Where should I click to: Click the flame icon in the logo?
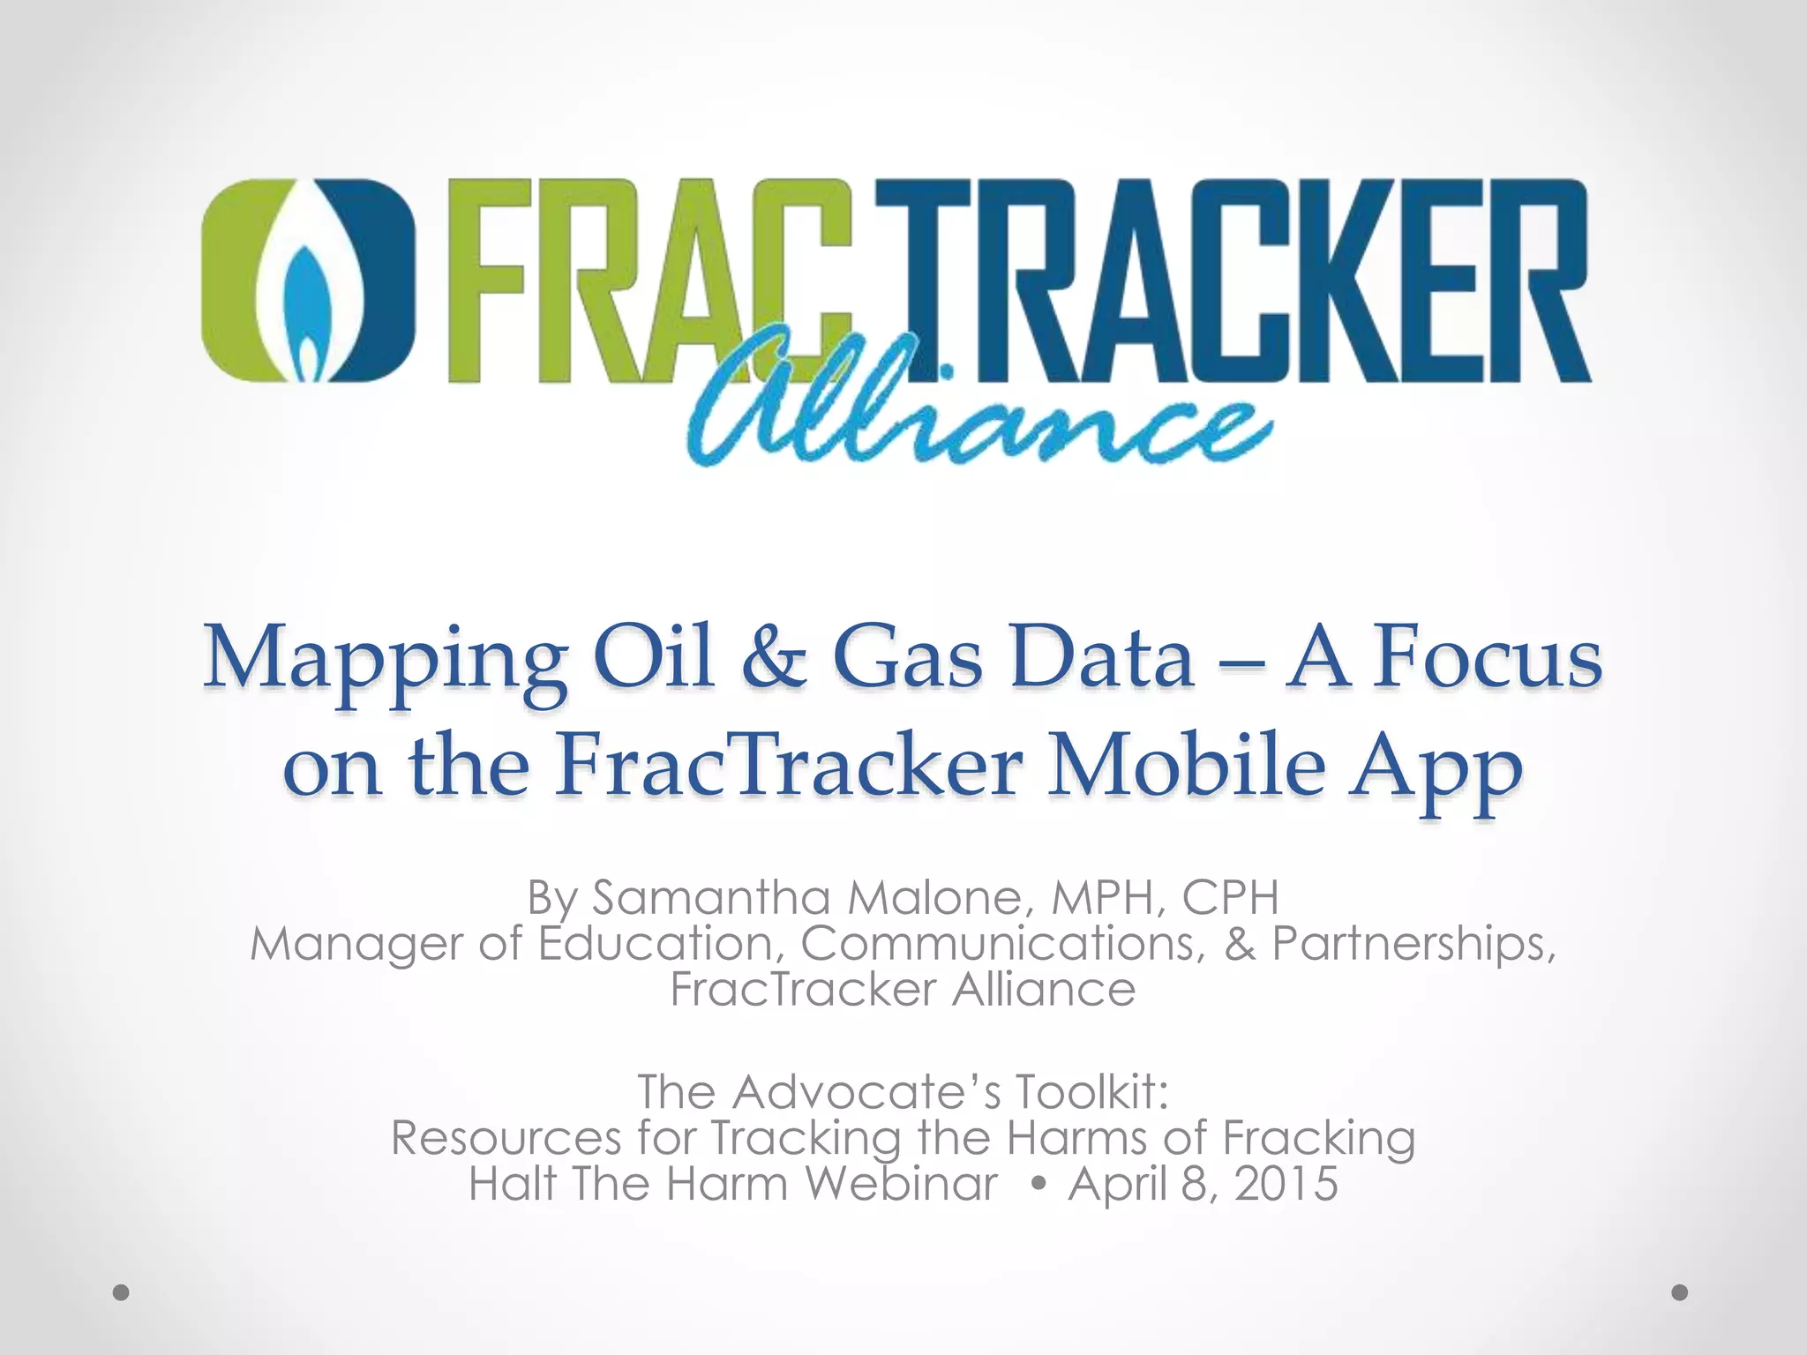(x=307, y=282)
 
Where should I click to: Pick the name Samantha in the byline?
(x=711, y=898)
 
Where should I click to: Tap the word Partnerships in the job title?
(x=1413, y=944)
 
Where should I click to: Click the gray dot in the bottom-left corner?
(x=122, y=1292)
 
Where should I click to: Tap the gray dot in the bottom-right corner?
(x=1680, y=1292)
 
